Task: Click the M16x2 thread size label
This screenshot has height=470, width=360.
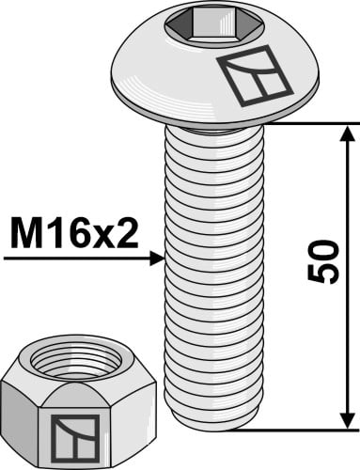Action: (74, 233)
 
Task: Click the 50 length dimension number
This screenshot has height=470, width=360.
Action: (323, 262)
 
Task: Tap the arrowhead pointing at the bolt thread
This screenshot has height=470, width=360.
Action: (157, 258)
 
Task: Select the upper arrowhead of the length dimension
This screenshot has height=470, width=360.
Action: (348, 133)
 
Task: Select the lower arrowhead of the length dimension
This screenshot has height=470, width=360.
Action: (348, 420)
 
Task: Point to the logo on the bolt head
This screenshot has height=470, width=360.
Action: (255, 75)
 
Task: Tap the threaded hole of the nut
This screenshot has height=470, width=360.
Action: (77, 363)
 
